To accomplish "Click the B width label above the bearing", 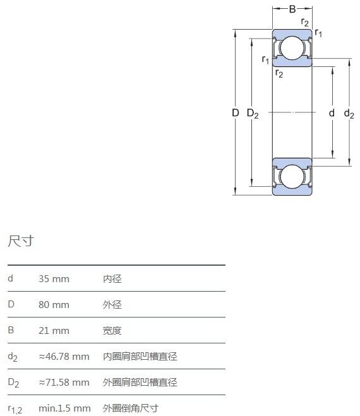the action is (x=292, y=9).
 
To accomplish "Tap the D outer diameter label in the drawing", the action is (x=236, y=113).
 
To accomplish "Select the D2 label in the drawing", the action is (x=253, y=114).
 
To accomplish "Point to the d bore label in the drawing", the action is (x=332, y=113).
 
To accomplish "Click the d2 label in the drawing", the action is (x=349, y=114).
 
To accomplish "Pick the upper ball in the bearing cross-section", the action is (x=292, y=48).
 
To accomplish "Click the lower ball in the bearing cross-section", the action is (x=292, y=176).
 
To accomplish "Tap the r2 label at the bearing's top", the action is (x=305, y=22).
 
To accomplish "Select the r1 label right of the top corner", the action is (x=318, y=33).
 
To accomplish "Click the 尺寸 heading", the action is (x=21, y=241).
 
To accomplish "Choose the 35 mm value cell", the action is (x=54, y=279).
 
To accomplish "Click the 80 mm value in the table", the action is (x=54, y=304).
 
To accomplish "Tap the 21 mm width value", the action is (x=54, y=331).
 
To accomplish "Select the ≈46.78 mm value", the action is (x=64, y=356).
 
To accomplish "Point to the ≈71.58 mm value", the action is (x=64, y=383).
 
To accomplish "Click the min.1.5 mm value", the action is (x=64, y=408).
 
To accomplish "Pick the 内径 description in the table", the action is (x=112, y=279).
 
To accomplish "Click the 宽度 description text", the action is (x=112, y=331).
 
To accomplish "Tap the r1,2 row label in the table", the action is (x=15, y=409).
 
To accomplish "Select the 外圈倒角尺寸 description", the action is (x=131, y=408).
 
